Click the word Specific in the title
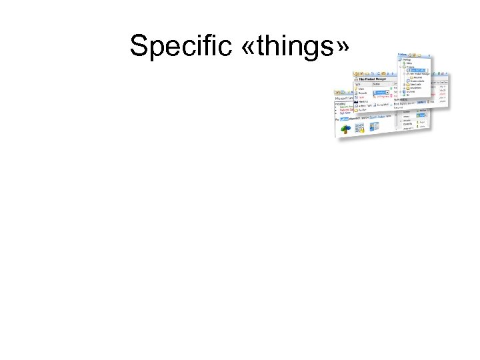(x=173, y=46)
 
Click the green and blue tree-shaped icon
(x=345, y=128)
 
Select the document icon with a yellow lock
(x=360, y=127)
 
